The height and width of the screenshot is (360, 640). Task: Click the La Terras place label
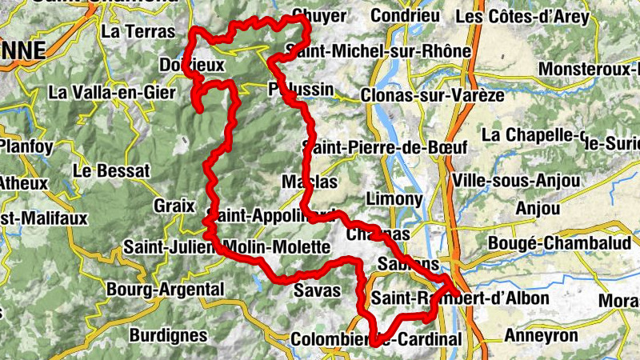[x=138, y=32]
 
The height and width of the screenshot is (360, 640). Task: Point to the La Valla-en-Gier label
[x=111, y=93]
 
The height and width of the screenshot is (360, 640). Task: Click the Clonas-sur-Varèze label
[x=433, y=95]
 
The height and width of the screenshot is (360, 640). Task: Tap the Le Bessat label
[x=110, y=171]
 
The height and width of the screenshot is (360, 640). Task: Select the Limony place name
[x=393, y=198]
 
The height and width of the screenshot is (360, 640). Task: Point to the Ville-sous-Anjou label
[x=515, y=181]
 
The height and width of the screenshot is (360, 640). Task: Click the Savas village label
[x=318, y=290]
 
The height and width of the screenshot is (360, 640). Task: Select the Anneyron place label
[x=540, y=336]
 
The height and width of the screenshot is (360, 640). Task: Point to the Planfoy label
[x=26, y=146]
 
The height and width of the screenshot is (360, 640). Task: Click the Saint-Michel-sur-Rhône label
[x=379, y=51]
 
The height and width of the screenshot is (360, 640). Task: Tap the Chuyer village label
[x=319, y=16]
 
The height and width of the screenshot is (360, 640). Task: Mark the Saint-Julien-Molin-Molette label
[x=226, y=247]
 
